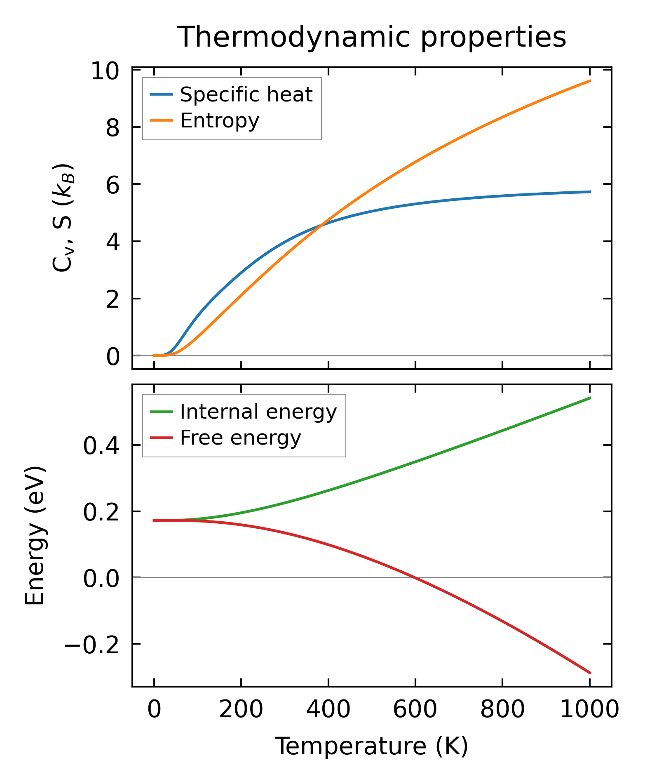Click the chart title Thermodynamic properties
coord(371,38)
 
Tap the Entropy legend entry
coord(220,121)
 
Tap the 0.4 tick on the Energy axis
coord(101,447)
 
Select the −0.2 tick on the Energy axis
coord(91,645)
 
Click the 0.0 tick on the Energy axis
coord(101,579)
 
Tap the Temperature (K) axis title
coord(371,746)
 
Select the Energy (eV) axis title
coord(35,536)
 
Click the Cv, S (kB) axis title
coord(63,218)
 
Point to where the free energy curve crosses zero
coord(413,577)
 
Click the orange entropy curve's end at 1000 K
coord(590,81)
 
